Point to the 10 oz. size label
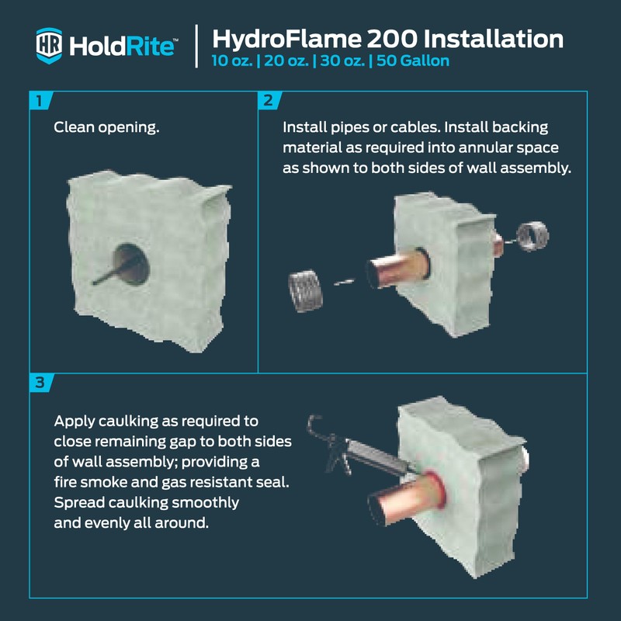(x=233, y=61)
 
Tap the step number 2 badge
(x=268, y=100)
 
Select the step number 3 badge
(x=39, y=382)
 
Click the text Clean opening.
(x=106, y=127)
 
